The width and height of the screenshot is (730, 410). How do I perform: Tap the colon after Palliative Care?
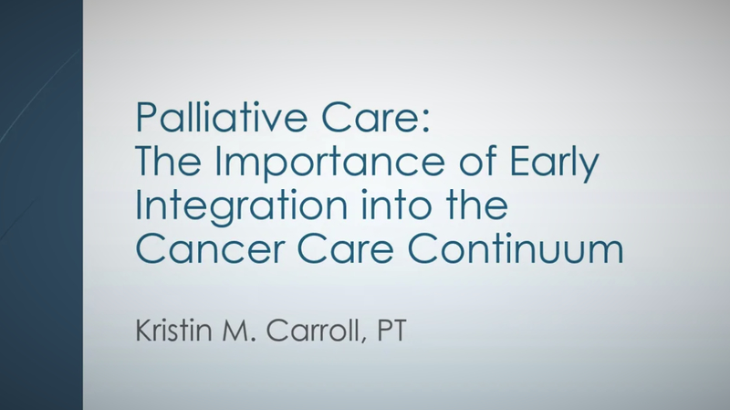424,122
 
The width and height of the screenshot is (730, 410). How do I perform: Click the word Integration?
241,208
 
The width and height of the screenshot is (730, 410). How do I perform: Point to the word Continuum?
516,248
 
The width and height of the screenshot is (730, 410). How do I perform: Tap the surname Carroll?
312,330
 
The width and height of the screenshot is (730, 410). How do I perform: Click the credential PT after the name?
391,331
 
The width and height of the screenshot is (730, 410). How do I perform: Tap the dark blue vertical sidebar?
41,205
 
